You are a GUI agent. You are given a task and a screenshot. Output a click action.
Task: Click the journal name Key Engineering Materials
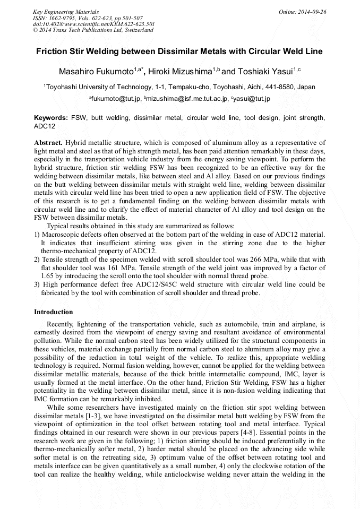65,11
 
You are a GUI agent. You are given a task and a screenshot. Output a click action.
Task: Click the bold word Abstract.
48,143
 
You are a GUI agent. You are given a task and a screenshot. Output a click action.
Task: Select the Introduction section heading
54,312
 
